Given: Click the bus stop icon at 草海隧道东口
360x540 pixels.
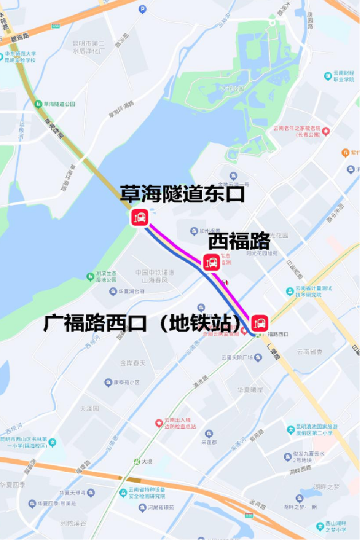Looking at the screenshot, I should click(139, 216).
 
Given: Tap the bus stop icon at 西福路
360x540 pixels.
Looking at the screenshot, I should click(212, 262).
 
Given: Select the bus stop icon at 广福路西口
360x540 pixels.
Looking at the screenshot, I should click(260, 323).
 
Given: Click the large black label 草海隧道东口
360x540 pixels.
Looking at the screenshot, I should click(182, 194).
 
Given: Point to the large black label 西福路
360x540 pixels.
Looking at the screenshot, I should click(239, 240).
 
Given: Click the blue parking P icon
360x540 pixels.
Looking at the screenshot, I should click(142, 8).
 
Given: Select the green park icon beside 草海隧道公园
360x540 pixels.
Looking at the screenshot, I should click(38, 104).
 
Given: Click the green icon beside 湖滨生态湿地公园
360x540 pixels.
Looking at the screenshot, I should click(90, 276).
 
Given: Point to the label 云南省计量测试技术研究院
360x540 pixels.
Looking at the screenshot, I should click(309, 291).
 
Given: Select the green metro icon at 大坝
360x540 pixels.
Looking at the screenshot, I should click(137, 461).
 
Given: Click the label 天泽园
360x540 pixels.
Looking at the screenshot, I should click(90, 408).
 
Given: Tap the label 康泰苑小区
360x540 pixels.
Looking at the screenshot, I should click(126, 383).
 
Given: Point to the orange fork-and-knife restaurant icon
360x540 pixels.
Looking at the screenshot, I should click(345, 152).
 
